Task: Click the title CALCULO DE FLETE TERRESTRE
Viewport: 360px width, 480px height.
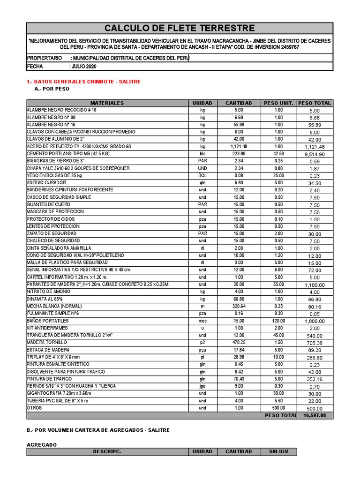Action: (180, 29)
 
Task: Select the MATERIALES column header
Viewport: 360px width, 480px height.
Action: (107, 103)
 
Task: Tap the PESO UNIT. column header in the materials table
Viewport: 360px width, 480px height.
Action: (278, 103)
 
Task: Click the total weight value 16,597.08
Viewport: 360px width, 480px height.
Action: (317, 415)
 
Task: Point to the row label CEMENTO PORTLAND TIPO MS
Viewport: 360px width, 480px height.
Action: (68, 154)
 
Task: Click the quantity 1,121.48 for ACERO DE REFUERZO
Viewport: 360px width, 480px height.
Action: (239, 147)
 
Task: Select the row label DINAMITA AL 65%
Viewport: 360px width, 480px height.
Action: (45, 299)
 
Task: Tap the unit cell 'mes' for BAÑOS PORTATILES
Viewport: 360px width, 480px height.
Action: (202, 321)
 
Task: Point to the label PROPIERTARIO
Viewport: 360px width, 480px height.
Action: (45, 58)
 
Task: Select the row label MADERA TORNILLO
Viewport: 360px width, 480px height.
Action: (47, 343)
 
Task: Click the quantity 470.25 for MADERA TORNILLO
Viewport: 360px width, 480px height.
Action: (239, 343)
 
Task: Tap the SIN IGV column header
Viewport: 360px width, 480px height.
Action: (278, 452)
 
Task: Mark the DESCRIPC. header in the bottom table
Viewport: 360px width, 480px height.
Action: (107, 452)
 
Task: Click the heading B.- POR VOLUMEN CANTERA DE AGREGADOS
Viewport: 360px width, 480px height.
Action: (98, 430)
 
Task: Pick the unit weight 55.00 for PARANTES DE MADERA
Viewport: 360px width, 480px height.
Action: (278, 285)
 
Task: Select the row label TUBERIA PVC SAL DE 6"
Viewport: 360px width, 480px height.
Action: (58, 401)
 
